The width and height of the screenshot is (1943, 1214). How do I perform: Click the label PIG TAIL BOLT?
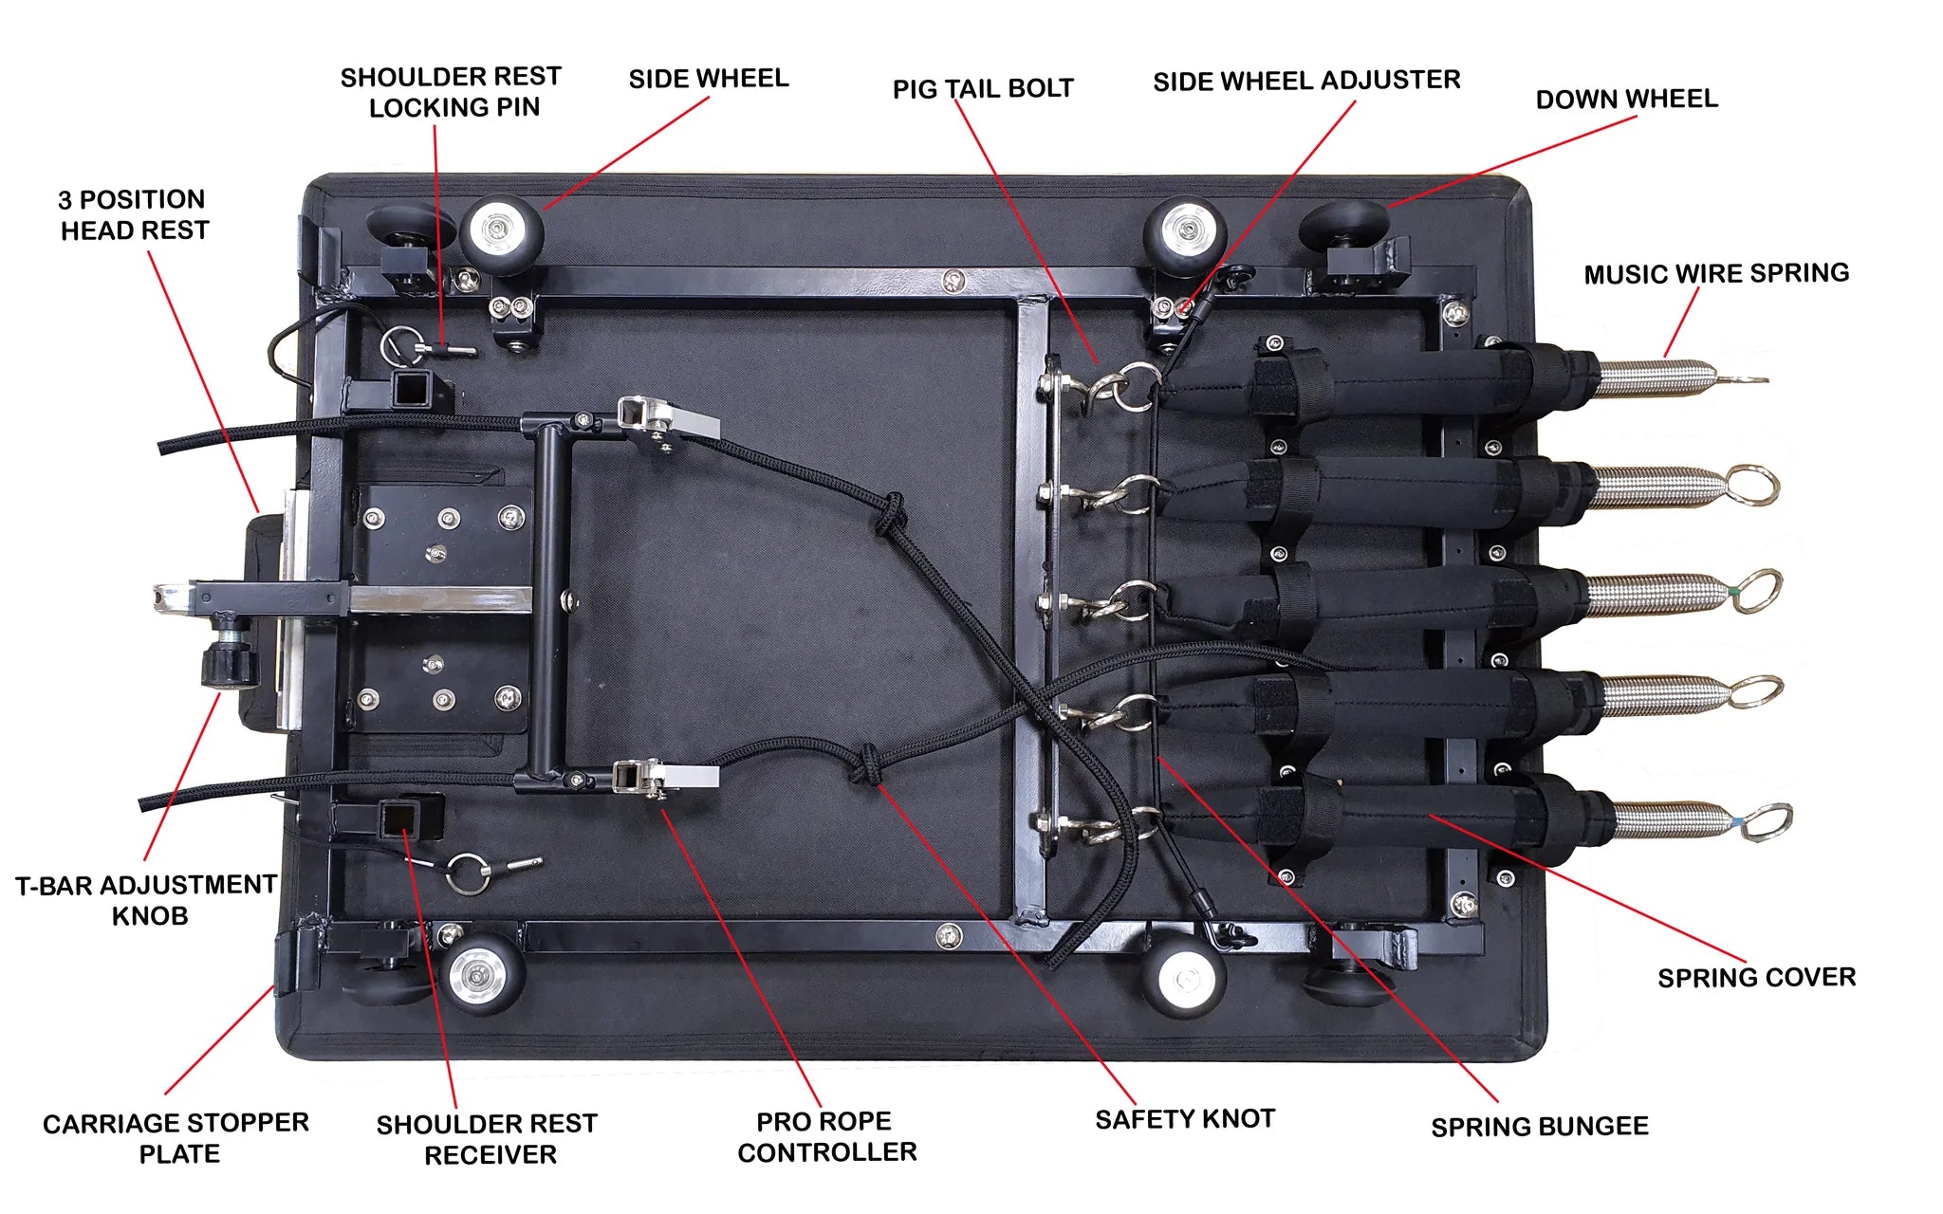click(983, 88)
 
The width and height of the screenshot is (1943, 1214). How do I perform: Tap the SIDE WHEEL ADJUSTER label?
click(1305, 81)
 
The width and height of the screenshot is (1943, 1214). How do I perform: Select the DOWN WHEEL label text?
click(1626, 99)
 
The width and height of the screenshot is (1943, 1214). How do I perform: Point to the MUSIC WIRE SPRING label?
click(1716, 273)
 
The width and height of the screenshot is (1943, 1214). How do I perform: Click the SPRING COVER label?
click(1756, 977)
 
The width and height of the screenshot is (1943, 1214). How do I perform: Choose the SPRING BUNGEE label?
click(1539, 1127)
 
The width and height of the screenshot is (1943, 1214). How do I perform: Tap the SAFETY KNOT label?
click(1184, 1119)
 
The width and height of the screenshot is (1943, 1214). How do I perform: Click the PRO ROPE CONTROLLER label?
click(826, 1136)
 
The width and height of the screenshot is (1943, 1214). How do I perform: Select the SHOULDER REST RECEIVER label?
click(488, 1139)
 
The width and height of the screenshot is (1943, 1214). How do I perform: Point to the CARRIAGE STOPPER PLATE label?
click(176, 1138)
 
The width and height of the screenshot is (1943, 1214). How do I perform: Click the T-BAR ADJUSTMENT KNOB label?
click(147, 900)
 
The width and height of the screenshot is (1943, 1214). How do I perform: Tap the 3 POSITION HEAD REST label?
click(133, 214)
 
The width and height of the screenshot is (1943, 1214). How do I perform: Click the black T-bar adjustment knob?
click(229, 658)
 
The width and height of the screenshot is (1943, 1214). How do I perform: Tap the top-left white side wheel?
click(502, 230)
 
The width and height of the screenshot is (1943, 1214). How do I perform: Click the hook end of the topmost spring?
click(1741, 379)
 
